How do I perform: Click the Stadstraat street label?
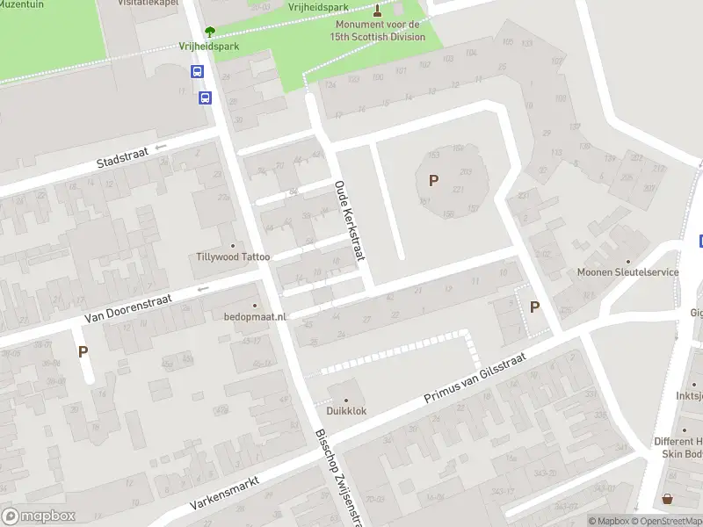(x=122, y=161)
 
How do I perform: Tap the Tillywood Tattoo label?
(x=233, y=257)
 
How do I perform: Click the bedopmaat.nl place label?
(x=255, y=316)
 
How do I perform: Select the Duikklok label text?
(x=346, y=410)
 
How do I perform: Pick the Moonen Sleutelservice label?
(x=627, y=272)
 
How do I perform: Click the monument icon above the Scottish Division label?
(x=378, y=11)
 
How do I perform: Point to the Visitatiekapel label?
(x=149, y=3)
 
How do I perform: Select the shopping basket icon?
(x=667, y=499)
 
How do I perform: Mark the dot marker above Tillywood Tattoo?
(x=233, y=245)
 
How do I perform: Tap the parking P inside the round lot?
(x=432, y=180)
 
